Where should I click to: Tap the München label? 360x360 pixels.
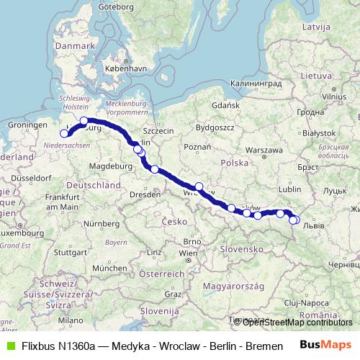pyautogui.click(x=105, y=267)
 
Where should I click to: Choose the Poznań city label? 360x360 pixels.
pyautogui.click(x=197, y=147)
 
